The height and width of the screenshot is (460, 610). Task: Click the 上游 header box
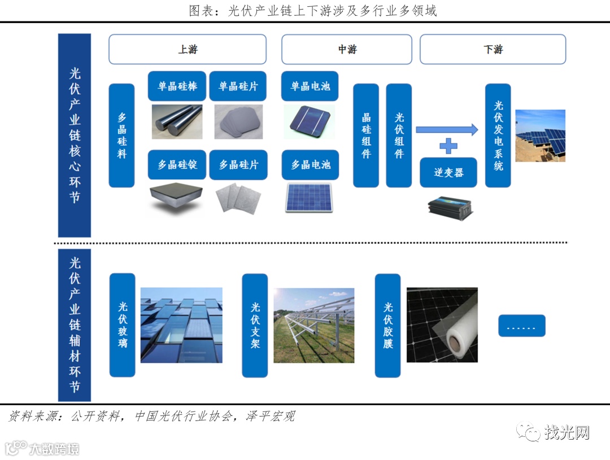(x=187, y=49)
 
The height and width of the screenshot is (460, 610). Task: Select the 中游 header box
(x=347, y=49)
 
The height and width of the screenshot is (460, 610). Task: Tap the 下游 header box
(x=493, y=49)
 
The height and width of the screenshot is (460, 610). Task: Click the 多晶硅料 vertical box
(x=121, y=135)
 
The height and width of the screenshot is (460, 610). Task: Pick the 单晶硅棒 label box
(x=177, y=86)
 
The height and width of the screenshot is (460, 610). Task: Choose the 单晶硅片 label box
(x=238, y=86)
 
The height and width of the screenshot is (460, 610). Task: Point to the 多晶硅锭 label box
(x=177, y=165)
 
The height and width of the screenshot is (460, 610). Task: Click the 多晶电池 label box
(x=310, y=165)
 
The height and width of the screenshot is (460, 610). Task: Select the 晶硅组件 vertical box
(x=366, y=135)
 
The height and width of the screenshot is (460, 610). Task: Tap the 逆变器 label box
(x=448, y=173)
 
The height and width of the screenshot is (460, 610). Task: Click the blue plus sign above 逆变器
(x=448, y=146)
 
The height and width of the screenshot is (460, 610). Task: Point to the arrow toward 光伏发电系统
(x=447, y=130)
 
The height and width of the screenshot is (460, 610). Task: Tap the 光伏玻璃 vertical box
(x=122, y=325)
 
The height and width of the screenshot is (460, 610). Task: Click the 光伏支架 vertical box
(x=255, y=325)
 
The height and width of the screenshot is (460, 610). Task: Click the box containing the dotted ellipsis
(x=521, y=326)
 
